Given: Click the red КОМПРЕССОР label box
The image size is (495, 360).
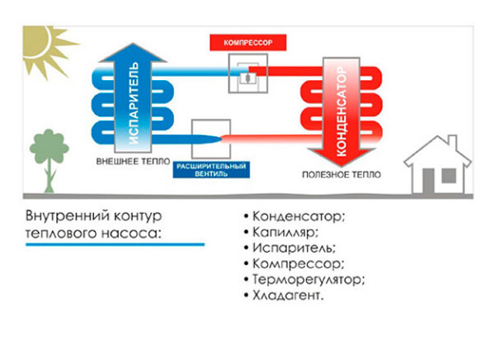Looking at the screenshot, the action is (247, 42).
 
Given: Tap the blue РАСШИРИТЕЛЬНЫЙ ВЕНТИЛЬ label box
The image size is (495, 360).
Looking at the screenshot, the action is (211, 170).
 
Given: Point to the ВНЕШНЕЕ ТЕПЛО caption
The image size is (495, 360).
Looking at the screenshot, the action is (133, 162).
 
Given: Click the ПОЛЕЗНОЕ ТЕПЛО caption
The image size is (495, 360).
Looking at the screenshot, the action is (342, 174).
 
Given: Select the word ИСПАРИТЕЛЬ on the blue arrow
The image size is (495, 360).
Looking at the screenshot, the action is (134, 102).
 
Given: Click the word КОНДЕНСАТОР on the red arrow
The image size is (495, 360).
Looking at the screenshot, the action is (342, 111).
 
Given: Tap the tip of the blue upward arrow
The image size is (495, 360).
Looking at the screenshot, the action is (133, 43).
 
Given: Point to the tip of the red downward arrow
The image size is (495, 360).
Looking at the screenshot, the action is (341, 166).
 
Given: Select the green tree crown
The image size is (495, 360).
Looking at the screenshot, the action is (49, 146).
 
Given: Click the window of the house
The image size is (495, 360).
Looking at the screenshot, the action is (449, 176).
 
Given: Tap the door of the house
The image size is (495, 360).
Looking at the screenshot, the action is (428, 182).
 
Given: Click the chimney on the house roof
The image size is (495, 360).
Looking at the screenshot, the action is (453, 140).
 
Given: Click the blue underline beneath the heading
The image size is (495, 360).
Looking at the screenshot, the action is (115, 244).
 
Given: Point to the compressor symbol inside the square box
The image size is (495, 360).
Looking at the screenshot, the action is (247, 78).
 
